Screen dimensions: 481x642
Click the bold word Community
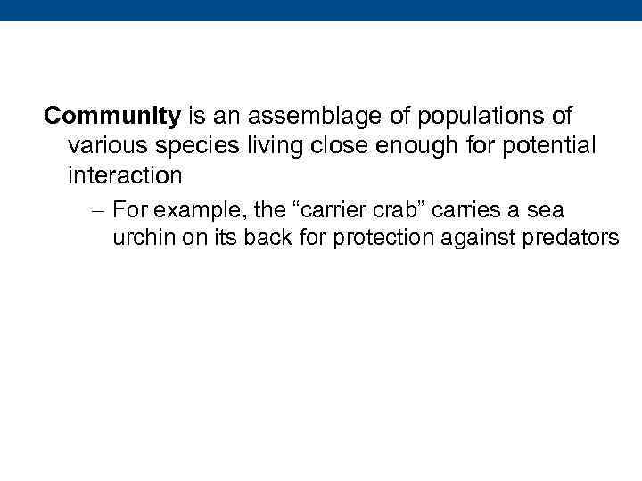coord(112,117)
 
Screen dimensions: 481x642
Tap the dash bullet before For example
coord(99,211)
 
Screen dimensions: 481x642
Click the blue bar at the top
coord(321,10)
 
